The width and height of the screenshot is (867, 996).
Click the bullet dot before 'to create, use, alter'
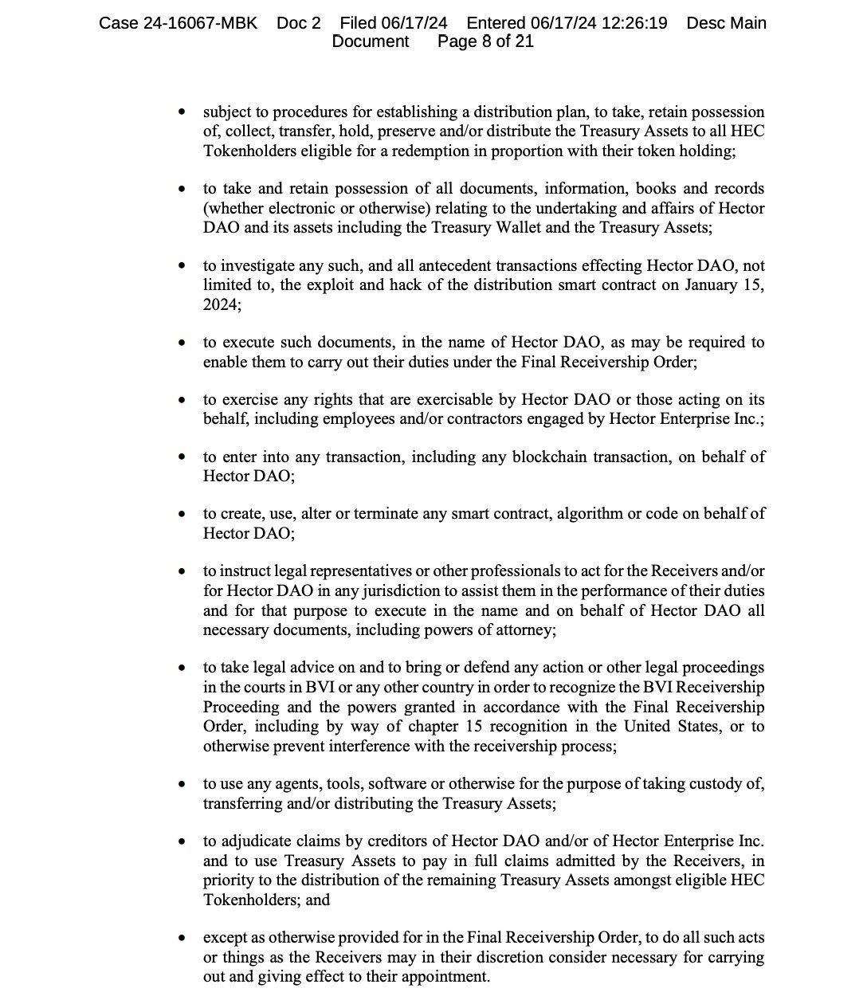point(184,515)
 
